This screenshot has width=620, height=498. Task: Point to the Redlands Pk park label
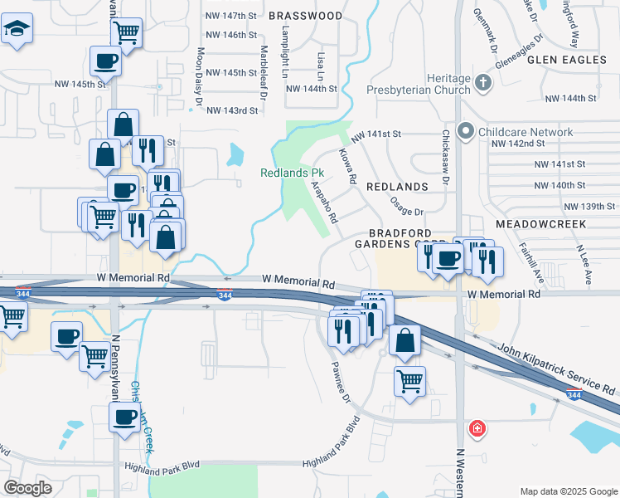click(x=291, y=173)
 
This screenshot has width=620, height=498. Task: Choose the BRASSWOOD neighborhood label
click(x=305, y=16)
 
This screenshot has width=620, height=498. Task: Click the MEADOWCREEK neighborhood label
click(x=540, y=224)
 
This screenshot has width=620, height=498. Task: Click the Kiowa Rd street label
click(x=347, y=166)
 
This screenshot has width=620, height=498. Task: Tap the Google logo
click(x=28, y=487)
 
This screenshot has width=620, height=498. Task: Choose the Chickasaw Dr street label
click(x=445, y=157)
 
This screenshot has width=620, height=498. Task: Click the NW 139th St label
click(x=590, y=206)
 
